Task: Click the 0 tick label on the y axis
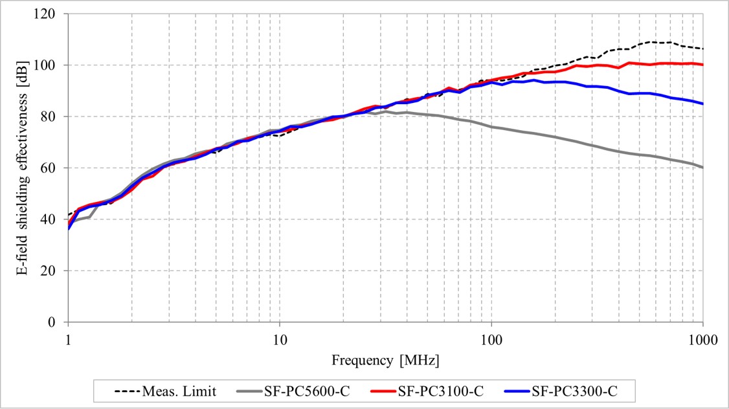pyautogui.click(x=54, y=322)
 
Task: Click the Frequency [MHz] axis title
pyautogui.click(x=385, y=359)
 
